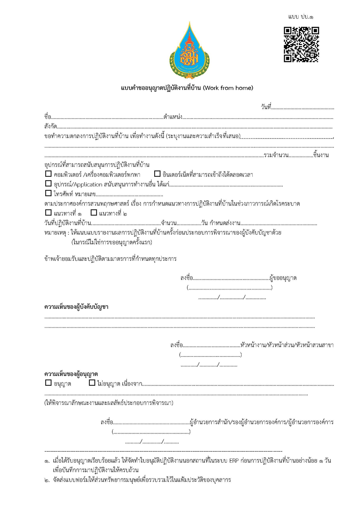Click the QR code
pyautogui.click(x=301, y=44)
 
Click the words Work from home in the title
pyautogui.click(x=228, y=88)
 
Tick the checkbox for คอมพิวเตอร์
pyautogui.click(x=48, y=174)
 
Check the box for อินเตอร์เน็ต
pyautogui.click(x=157, y=174)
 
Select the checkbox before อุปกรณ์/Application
pyautogui.click(x=48, y=184)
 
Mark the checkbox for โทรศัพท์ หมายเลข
pyautogui.click(x=48, y=193)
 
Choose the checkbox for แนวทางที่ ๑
pyautogui.click(x=48, y=213)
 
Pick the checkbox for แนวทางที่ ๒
pyautogui.click(x=94, y=213)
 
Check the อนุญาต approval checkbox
pyautogui.click(x=48, y=383)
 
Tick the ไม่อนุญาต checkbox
pyautogui.click(x=92, y=383)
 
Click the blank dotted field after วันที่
pyautogui.click(x=303, y=107)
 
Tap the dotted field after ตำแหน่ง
pyautogui.click(x=258, y=117)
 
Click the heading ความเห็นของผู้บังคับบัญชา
pyautogui.click(x=76, y=307)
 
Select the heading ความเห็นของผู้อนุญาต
pyautogui.click(x=71, y=374)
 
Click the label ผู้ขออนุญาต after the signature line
pyautogui.click(x=283, y=278)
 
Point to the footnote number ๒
pyautogui.click(x=47, y=480)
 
